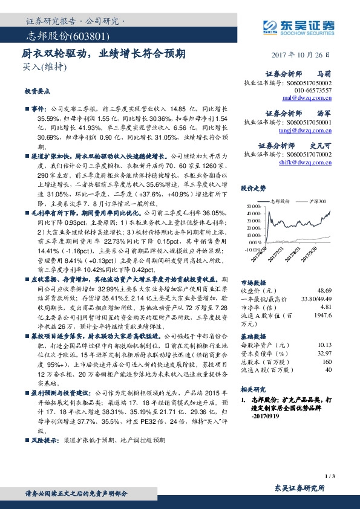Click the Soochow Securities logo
(298, 27)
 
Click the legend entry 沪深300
(316, 200)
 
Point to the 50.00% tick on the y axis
(252, 207)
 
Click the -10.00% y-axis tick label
(250, 248)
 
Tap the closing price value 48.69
(324, 290)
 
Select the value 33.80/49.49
(316, 298)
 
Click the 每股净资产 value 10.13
(324, 343)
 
